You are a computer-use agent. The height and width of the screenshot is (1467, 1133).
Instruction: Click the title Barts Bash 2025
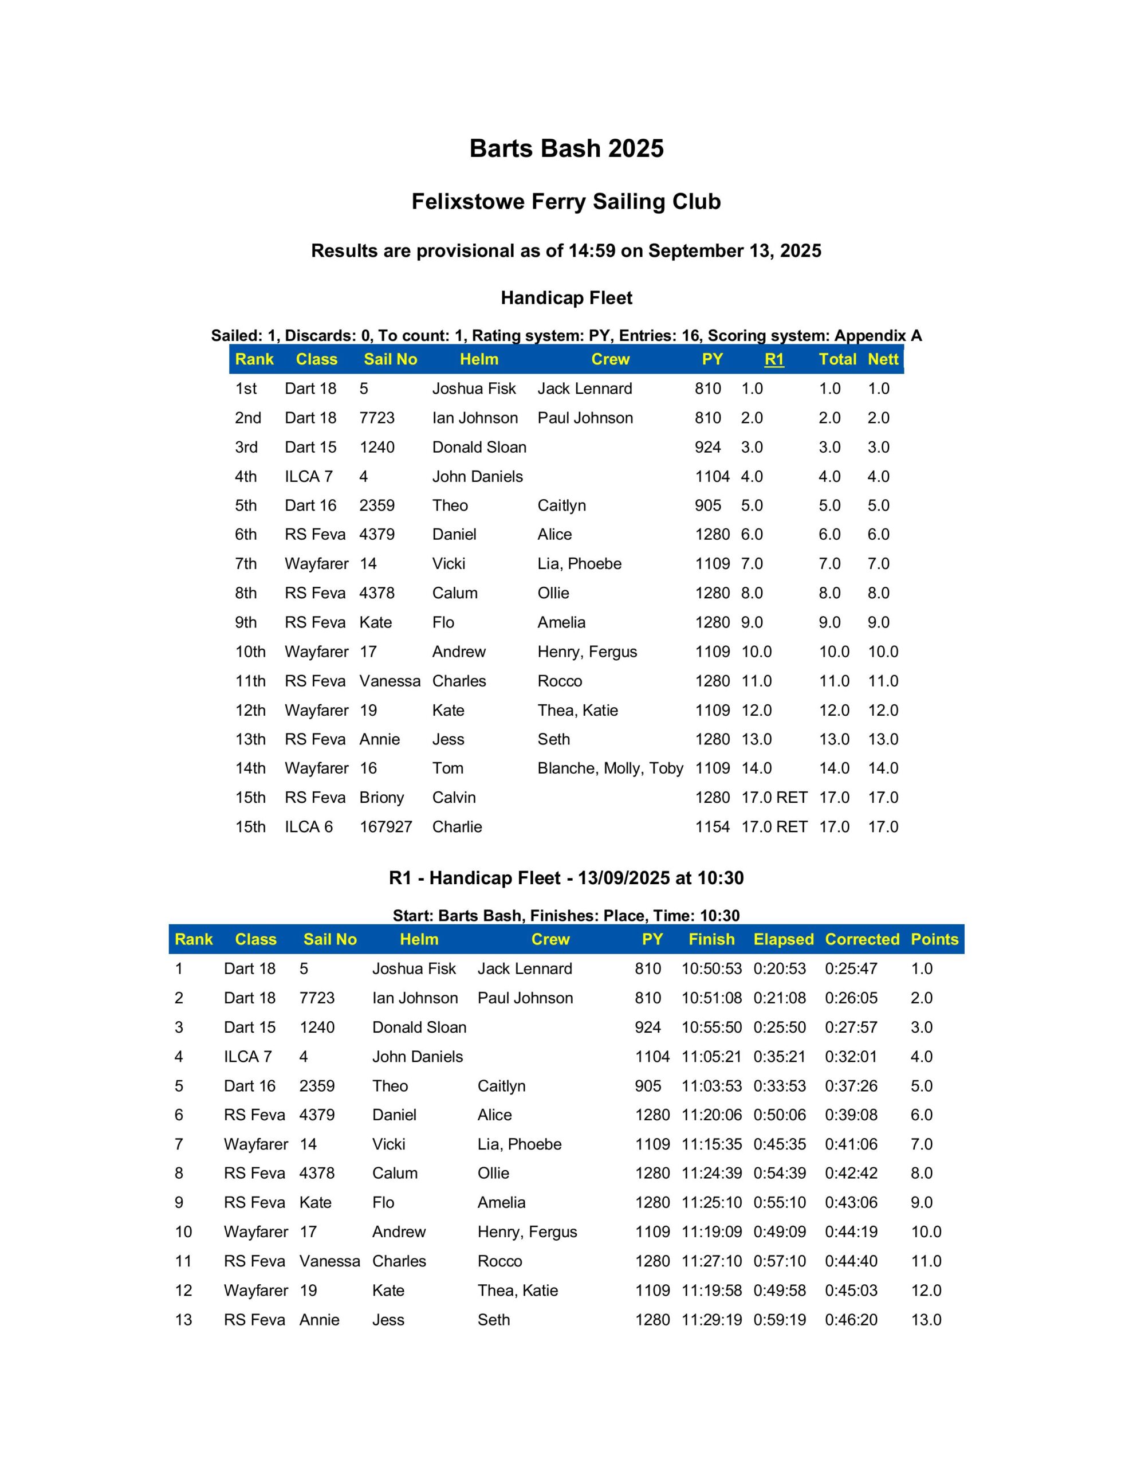[566, 148]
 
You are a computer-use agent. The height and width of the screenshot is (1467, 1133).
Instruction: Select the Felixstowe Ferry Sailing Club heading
[566, 202]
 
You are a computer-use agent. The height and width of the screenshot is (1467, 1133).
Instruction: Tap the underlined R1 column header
[774, 359]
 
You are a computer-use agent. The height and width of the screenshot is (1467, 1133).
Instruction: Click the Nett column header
[883, 359]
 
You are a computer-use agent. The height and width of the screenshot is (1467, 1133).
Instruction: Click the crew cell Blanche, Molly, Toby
[610, 768]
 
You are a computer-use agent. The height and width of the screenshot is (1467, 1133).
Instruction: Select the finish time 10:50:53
[711, 968]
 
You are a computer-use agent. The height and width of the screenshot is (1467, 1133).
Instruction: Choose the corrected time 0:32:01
[851, 1057]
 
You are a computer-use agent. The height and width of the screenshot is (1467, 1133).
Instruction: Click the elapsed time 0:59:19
[779, 1320]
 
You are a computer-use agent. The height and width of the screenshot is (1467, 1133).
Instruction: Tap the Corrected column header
[861, 939]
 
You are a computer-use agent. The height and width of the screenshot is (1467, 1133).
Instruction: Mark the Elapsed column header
[783, 939]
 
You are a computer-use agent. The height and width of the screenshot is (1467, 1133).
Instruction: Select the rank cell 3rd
[246, 448]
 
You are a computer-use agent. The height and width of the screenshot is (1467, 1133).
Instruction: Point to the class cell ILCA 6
[308, 827]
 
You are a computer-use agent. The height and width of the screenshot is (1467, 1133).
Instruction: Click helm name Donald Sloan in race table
[419, 1027]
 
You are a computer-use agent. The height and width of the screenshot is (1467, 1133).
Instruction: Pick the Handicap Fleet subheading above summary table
[566, 297]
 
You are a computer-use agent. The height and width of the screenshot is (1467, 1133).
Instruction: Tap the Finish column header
[711, 939]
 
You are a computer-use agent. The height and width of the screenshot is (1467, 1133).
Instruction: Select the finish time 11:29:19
[711, 1320]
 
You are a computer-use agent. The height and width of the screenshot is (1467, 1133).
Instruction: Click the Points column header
[934, 939]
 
